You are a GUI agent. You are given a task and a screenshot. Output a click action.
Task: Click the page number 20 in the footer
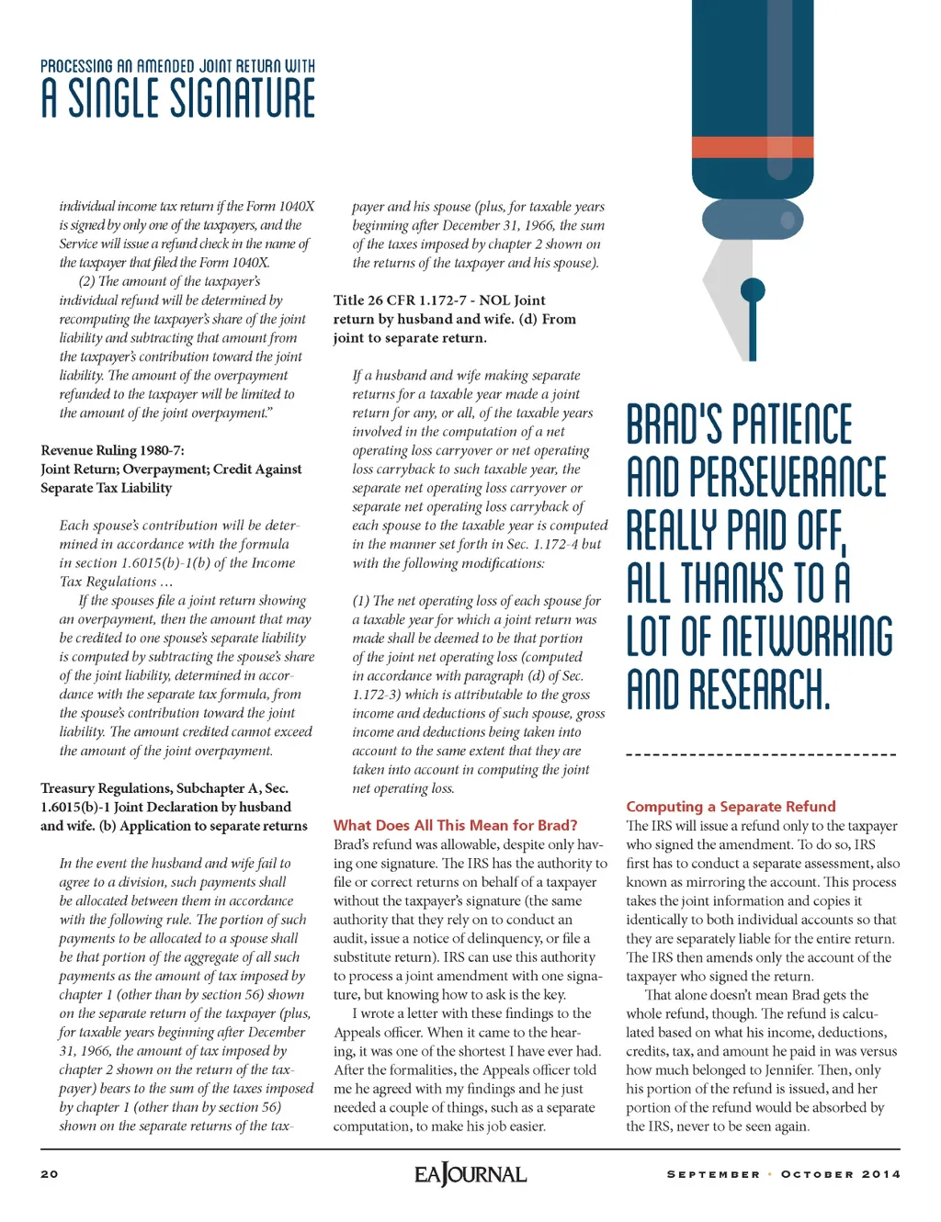pyautogui.click(x=50, y=1174)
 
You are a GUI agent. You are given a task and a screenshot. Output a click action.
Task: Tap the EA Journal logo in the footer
pyautogui.click(x=470, y=1174)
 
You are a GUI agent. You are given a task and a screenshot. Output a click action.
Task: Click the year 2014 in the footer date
pyautogui.click(x=880, y=1174)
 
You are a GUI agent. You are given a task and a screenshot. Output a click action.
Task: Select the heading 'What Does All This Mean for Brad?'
pyautogui.click(x=455, y=825)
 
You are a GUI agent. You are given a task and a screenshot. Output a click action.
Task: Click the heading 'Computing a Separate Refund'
pyautogui.click(x=731, y=806)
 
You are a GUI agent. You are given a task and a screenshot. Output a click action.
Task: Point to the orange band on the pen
pyautogui.click(x=752, y=147)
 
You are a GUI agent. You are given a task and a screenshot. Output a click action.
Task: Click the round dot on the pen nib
pyautogui.click(x=753, y=291)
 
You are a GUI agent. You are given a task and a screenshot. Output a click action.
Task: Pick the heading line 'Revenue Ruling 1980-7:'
pyautogui.click(x=112, y=450)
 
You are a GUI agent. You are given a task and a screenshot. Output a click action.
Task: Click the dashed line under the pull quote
pyautogui.click(x=760, y=755)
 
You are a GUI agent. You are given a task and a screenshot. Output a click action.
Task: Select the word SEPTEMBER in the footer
pyautogui.click(x=713, y=1174)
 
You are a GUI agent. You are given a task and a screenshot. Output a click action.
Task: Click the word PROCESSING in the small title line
pyautogui.click(x=76, y=66)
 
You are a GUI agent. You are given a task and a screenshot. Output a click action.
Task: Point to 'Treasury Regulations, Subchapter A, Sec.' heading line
pyautogui.click(x=164, y=788)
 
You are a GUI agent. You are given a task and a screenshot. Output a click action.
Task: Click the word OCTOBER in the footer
pyautogui.click(x=817, y=1174)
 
